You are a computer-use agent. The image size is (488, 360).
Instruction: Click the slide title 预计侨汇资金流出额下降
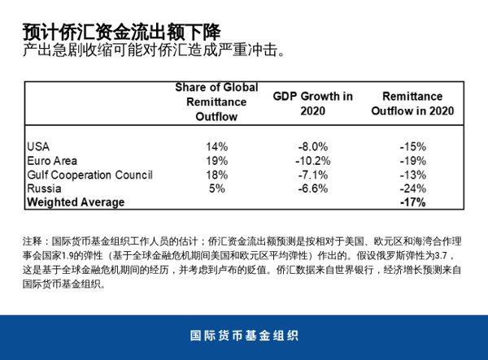coord(121,32)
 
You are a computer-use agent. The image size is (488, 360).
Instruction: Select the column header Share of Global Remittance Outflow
coord(216,102)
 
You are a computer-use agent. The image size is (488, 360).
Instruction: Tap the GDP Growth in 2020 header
coord(312,102)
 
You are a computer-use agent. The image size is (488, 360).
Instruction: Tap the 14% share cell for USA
coord(216,146)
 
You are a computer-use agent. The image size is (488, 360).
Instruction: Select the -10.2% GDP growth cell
coord(312,160)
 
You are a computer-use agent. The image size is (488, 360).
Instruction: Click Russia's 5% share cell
coord(216,188)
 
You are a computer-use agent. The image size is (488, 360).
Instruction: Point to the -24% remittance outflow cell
coord(413,188)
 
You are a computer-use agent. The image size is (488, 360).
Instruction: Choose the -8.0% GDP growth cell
coord(312,146)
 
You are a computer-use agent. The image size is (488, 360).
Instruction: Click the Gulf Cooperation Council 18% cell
coord(216,174)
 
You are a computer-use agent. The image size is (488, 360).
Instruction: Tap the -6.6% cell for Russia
coord(312,188)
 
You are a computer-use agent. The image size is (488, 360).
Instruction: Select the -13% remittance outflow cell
coord(413,174)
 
